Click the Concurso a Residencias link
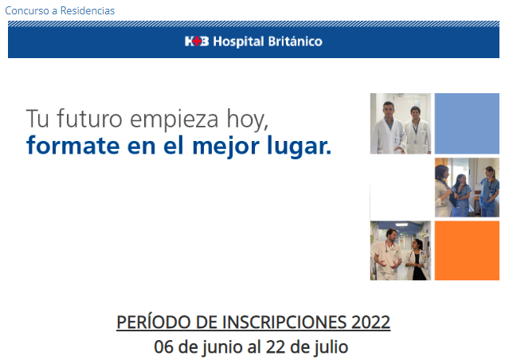[x=60, y=10]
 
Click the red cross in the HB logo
[x=197, y=41]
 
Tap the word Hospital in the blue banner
[x=239, y=42]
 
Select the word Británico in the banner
[x=295, y=41]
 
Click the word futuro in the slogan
[x=89, y=119]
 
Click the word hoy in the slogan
[x=247, y=120]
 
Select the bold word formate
[x=73, y=146]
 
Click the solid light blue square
[x=467, y=123]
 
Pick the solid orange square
[x=467, y=250]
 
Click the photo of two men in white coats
[x=401, y=123]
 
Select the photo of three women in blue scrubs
[x=467, y=187]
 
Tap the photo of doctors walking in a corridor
[x=401, y=250]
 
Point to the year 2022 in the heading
[x=370, y=323]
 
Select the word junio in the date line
[x=223, y=347]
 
